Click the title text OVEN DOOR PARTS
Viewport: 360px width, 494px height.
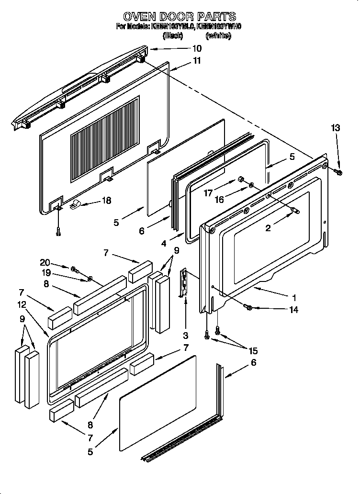click(179, 17)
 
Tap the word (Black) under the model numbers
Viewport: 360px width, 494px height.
click(173, 36)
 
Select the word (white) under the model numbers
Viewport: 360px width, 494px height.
click(218, 36)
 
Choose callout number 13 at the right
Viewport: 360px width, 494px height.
click(336, 127)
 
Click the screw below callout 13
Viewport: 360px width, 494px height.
click(339, 171)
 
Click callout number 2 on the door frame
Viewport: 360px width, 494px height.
click(268, 228)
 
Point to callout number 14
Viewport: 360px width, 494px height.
click(293, 310)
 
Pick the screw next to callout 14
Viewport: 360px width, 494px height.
click(248, 306)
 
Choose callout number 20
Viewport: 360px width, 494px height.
click(45, 262)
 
